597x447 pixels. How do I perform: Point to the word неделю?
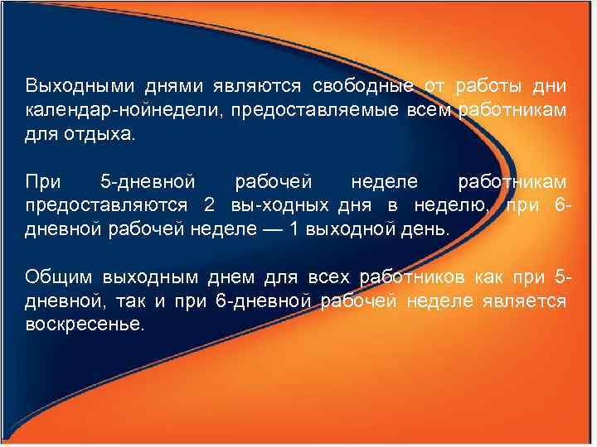point(453,204)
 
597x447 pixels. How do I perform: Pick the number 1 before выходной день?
point(294,228)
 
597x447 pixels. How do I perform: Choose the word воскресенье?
point(84,324)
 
